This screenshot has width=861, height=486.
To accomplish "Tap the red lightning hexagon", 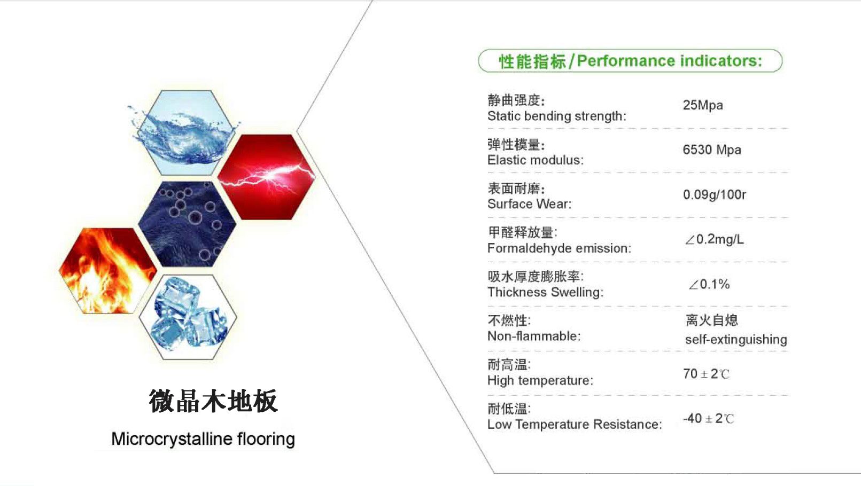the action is click(266, 177).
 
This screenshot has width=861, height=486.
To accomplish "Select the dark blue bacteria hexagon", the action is click(187, 224).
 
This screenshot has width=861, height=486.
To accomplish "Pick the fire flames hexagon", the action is click(107, 270).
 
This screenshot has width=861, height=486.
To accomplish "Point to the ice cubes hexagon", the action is click(188, 317).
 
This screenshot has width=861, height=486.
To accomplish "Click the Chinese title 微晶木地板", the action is click(213, 401).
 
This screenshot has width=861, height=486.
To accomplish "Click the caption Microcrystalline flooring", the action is click(203, 439).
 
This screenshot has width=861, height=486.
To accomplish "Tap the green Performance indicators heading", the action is click(630, 61).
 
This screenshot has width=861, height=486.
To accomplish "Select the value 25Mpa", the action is click(703, 105).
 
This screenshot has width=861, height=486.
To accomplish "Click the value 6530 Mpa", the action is click(712, 150).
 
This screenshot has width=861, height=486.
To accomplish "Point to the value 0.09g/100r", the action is click(714, 195).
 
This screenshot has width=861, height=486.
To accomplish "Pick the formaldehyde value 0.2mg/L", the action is click(714, 239).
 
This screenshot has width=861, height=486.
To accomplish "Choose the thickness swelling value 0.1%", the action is click(709, 284).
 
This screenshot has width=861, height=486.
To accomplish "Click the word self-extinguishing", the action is click(736, 340).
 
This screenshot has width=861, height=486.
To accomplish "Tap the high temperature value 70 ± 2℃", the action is click(706, 374).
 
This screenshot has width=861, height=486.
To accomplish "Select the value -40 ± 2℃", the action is click(708, 418).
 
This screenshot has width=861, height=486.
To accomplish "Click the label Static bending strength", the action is click(556, 116).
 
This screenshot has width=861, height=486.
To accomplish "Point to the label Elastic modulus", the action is click(536, 160).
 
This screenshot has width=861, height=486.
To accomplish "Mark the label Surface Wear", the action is click(529, 204).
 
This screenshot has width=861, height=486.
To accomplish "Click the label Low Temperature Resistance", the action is click(575, 425).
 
